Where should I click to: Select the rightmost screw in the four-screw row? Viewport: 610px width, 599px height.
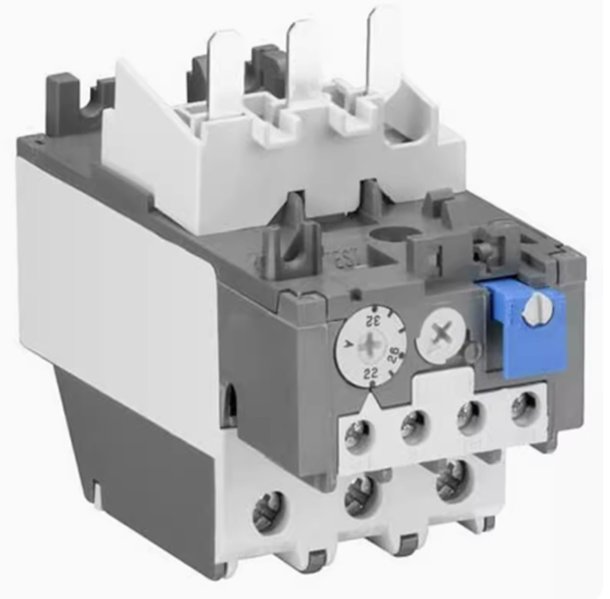522,403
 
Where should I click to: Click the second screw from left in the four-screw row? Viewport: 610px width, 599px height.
413,422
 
